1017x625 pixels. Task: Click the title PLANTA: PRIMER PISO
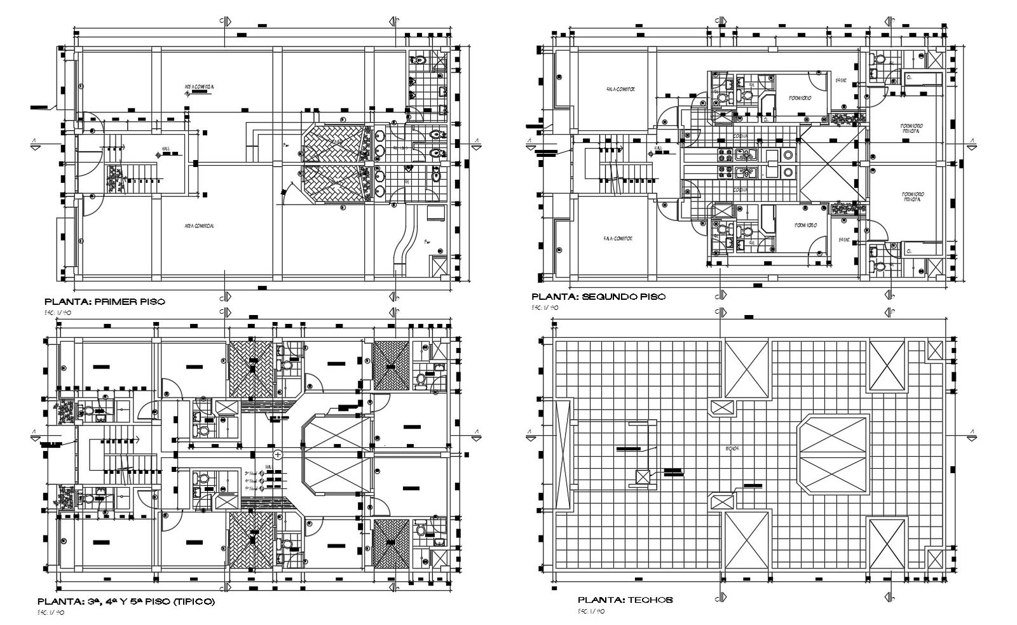[104, 301]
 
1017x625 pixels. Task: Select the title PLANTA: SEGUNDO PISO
[598, 297]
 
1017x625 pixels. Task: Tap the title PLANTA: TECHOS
[625, 599]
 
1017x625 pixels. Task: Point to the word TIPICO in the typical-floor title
[193, 601]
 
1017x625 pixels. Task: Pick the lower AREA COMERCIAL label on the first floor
[198, 226]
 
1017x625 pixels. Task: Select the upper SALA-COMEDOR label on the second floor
[620, 90]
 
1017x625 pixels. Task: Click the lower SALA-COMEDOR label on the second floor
[617, 238]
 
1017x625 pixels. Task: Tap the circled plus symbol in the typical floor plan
[278, 455]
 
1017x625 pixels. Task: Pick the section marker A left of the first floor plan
[36, 144]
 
